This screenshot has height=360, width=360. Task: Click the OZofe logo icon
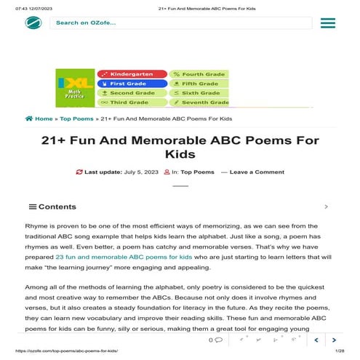pyautogui.click(x=33, y=23)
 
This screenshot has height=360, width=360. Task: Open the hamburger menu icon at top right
pyautogui.click(x=327, y=23)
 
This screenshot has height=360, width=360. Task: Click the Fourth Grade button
pyautogui.click(x=199, y=74)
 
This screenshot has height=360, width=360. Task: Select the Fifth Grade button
pyautogui.click(x=199, y=84)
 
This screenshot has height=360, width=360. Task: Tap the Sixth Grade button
pyautogui.click(x=199, y=93)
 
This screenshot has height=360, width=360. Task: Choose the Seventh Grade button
pyautogui.click(x=199, y=103)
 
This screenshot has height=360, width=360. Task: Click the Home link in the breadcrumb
pyautogui.click(x=43, y=119)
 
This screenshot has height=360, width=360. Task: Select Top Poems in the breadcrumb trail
pyautogui.click(x=76, y=119)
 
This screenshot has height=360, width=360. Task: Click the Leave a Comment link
pyautogui.click(x=257, y=172)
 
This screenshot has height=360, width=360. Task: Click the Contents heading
pyautogui.click(x=57, y=207)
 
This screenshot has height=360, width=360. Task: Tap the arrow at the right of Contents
pyautogui.click(x=326, y=207)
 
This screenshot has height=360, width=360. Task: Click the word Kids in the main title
pyautogui.click(x=180, y=154)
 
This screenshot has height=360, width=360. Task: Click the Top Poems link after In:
pyautogui.click(x=197, y=172)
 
